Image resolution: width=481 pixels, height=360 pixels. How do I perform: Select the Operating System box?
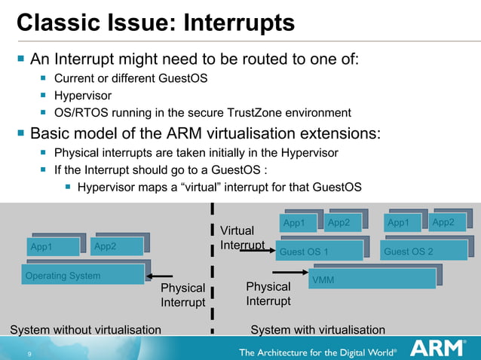tap(83, 276)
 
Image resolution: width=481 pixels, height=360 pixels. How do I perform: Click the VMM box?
tap(373, 279)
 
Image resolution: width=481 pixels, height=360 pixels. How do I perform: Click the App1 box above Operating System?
tap(51, 247)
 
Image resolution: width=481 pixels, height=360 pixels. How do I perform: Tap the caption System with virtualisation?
tap(317, 330)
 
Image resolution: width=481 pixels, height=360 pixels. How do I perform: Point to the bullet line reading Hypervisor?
tap(83, 96)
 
